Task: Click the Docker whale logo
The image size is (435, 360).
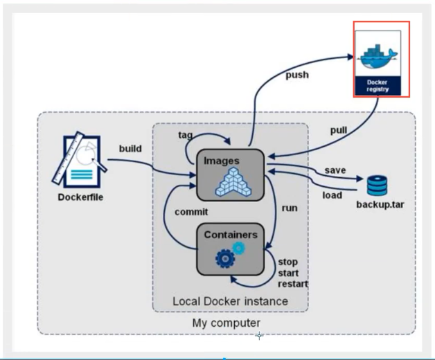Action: pyautogui.click(x=379, y=56)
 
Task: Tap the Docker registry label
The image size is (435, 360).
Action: pyautogui.click(x=378, y=86)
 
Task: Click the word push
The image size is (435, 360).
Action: pyautogui.click(x=297, y=75)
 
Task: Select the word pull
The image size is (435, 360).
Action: pyautogui.click(x=339, y=130)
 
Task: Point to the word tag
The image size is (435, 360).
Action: pyautogui.click(x=186, y=135)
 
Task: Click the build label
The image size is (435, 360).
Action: pyautogui.click(x=130, y=149)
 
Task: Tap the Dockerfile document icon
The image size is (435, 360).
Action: pyautogui.click(x=80, y=159)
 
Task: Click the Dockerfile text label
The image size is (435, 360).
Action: pyautogui.click(x=80, y=197)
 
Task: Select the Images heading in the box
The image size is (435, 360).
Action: pyautogui.click(x=222, y=161)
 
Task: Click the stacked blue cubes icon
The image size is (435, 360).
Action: pyautogui.click(x=233, y=181)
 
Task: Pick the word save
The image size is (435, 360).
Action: pyautogui.click(x=335, y=170)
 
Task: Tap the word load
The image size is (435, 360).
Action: pyautogui.click(x=332, y=195)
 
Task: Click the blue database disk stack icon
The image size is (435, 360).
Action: pyautogui.click(x=377, y=186)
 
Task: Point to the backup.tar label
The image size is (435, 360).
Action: pyautogui.click(x=380, y=205)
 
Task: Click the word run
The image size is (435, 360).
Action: pyautogui.click(x=290, y=208)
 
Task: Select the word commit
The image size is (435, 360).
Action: pyautogui.click(x=191, y=212)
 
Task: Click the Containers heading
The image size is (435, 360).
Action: pyautogui.click(x=231, y=235)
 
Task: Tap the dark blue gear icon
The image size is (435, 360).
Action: pyautogui.click(x=225, y=259)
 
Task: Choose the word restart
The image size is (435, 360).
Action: pyautogui.click(x=293, y=284)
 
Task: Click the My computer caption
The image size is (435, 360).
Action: pyautogui.click(x=227, y=323)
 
